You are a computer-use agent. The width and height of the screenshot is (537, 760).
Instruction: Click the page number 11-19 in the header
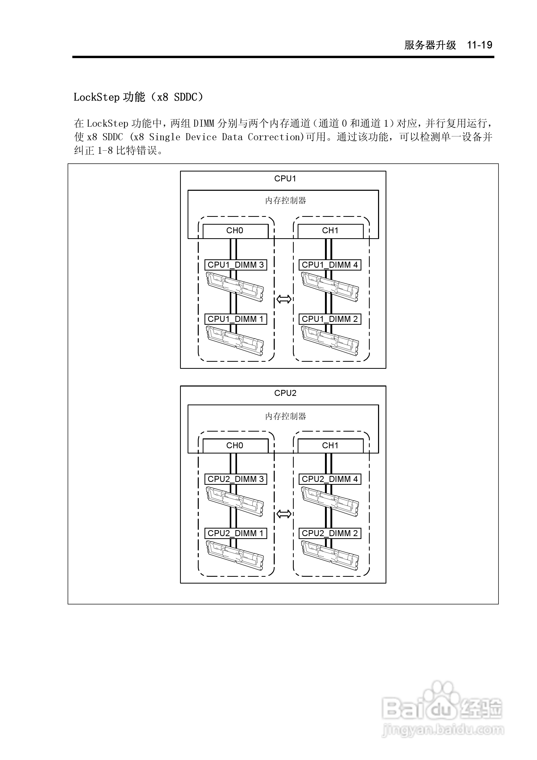[x=480, y=45]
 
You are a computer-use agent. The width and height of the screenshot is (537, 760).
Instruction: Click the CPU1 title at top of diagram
[x=285, y=179]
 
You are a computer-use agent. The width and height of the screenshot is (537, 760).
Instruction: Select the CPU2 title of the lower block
[x=285, y=393]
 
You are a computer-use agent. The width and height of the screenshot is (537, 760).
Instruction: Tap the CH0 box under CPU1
[x=235, y=231]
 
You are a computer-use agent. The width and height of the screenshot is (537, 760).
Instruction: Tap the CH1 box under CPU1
[x=330, y=231]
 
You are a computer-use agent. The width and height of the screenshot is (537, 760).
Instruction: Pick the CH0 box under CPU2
[x=235, y=446]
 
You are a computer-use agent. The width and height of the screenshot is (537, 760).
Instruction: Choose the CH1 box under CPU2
[x=330, y=446]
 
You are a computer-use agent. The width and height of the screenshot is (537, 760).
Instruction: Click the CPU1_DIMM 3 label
[x=236, y=265]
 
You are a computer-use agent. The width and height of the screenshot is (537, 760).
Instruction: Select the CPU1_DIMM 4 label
[x=330, y=265]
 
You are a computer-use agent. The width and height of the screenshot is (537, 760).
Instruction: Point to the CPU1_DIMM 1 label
[x=236, y=319]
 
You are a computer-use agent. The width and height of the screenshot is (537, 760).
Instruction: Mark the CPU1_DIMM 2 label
[x=330, y=319]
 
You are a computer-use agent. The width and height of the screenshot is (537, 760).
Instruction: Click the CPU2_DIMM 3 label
[x=236, y=479]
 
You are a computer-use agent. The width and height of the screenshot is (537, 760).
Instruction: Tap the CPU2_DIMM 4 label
[x=330, y=479]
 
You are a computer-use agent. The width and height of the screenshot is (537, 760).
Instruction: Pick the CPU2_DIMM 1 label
[x=236, y=533]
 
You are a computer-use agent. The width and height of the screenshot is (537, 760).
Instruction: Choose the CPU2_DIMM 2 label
[x=330, y=533]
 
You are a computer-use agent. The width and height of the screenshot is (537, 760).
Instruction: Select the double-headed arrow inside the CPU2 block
[x=284, y=514]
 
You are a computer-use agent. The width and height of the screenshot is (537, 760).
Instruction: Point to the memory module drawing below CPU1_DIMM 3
[x=235, y=287]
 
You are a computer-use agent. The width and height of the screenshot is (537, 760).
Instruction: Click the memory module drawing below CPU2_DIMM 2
[x=330, y=556]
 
